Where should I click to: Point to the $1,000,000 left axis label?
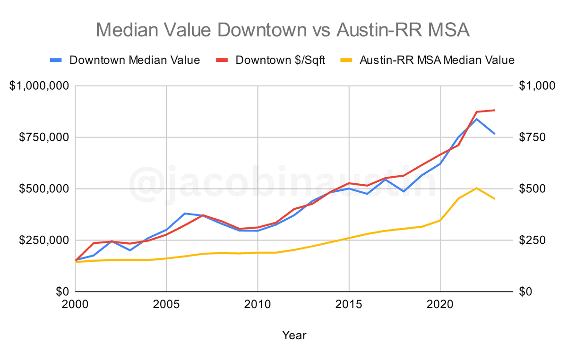[40, 86]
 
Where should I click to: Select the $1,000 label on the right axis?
[536, 86]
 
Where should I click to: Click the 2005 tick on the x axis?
[166, 304]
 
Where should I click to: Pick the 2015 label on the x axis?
[349, 304]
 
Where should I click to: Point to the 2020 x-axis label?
[440, 304]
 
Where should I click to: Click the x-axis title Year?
[294, 335]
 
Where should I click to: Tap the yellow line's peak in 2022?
[476, 188]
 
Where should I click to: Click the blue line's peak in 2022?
[476, 119]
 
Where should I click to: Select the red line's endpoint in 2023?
[494, 110]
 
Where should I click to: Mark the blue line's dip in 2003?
[130, 250]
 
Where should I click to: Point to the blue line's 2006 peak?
[185, 214]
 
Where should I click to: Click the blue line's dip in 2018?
[404, 191]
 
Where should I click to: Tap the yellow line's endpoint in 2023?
[494, 198]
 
